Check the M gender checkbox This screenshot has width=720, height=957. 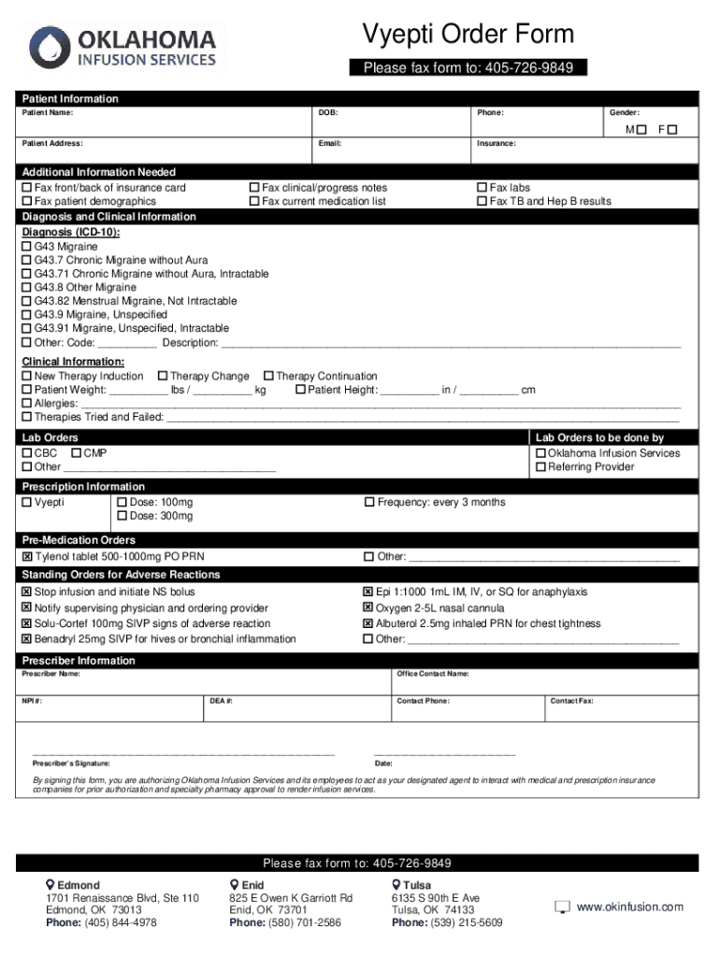click(x=641, y=130)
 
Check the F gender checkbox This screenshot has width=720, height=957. click(x=672, y=130)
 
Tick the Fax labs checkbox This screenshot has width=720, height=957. click(x=482, y=188)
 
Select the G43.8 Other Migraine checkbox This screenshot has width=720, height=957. click(x=27, y=288)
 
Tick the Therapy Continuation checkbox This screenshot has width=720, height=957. click(x=268, y=377)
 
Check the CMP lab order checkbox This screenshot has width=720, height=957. click(x=76, y=453)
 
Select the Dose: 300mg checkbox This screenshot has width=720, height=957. click(x=122, y=517)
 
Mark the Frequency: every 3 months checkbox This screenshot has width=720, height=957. click(x=368, y=503)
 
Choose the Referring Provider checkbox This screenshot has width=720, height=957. click(x=540, y=467)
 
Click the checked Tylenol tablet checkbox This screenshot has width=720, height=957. click(x=27, y=557)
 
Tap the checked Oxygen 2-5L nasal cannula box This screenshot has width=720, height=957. click(x=368, y=608)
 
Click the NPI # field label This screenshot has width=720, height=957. click(x=32, y=701)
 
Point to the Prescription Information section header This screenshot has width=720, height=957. click(x=84, y=487)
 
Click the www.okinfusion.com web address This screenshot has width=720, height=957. click(x=629, y=907)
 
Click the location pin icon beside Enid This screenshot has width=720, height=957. click(x=235, y=885)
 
